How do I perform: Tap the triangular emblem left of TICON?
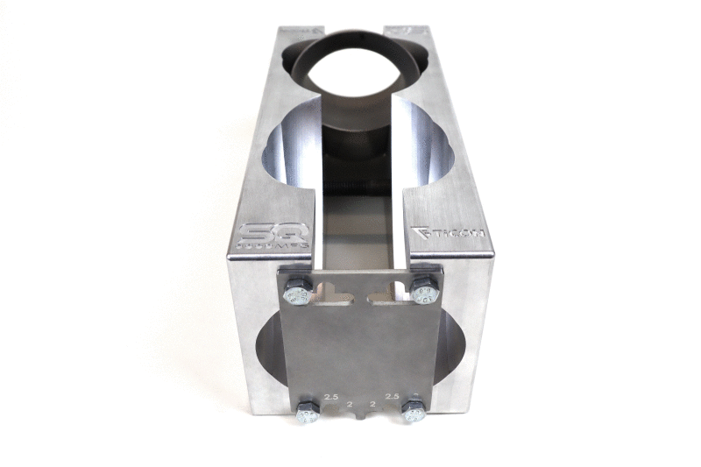click(x=419, y=234)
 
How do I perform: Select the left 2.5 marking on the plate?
click(x=330, y=397)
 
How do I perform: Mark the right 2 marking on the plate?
click(x=374, y=405)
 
